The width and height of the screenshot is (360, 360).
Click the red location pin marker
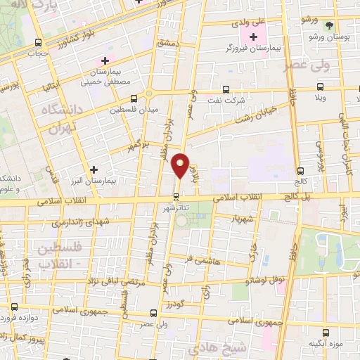(181, 166)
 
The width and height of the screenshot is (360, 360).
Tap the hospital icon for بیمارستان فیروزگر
(253, 36)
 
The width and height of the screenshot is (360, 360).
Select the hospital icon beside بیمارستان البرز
(94, 169)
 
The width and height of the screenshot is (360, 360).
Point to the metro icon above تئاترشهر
(176, 196)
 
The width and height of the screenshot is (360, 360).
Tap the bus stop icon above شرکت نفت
(225, 89)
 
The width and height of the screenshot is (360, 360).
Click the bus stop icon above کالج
(301, 170)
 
